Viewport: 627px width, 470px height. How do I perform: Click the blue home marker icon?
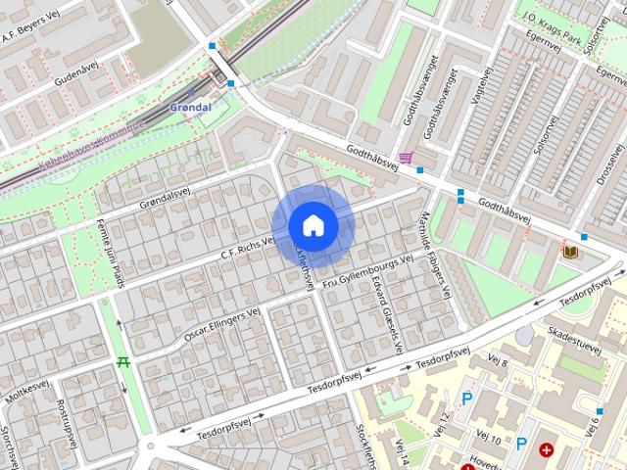pyautogui.click(x=313, y=225)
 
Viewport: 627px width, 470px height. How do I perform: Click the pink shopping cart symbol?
pyautogui.click(x=405, y=158)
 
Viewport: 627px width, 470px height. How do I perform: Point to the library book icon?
pyautogui.click(x=569, y=253)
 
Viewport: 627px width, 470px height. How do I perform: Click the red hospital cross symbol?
pyautogui.click(x=546, y=451)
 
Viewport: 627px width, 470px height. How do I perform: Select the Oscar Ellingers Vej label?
pyautogui.click(x=221, y=323)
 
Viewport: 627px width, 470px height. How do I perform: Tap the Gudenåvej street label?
pyautogui.click(x=77, y=74)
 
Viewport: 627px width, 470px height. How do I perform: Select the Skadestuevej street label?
pyautogui.click(x=578, y=339)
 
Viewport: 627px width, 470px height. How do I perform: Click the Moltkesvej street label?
pyautogui.click(x=26, y=394)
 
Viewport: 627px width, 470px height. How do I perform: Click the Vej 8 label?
pyautogui.click(x=499, y=360)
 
